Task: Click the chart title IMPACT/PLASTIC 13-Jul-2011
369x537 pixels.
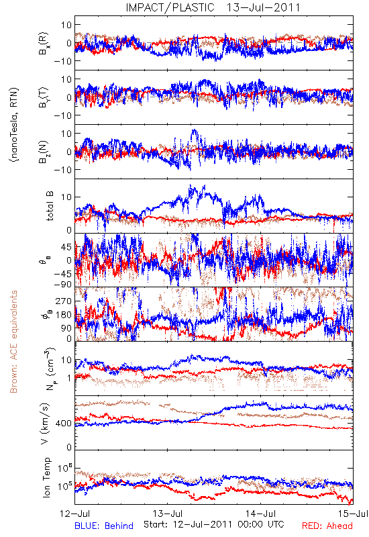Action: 213,7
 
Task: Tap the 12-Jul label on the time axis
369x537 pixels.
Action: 75,514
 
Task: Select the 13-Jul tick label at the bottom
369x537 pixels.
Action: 168,514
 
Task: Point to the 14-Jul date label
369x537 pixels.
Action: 260,514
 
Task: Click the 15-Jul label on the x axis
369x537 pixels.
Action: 353,514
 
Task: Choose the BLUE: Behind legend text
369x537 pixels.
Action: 104,526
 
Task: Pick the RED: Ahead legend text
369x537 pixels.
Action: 327,526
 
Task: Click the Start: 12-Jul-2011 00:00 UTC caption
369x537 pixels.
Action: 214,524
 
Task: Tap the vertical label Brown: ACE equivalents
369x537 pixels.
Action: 13,342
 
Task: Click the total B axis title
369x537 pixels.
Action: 50,206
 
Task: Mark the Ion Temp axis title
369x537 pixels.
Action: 46,477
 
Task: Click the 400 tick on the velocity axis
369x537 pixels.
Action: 64,424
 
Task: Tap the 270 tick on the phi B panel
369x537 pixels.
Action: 64,301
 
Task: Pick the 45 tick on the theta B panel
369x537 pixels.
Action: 66,247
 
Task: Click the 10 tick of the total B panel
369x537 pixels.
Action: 66,197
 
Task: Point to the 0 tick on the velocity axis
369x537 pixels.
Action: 69,447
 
